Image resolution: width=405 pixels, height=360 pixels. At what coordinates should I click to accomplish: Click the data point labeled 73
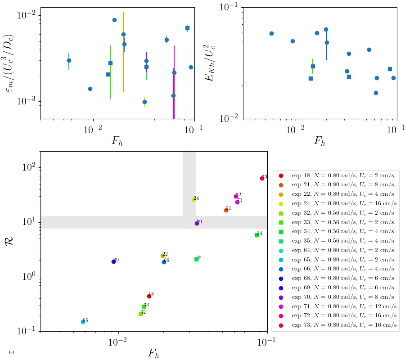coord(262,178)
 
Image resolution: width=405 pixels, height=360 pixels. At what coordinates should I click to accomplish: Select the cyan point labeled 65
coord(83,322)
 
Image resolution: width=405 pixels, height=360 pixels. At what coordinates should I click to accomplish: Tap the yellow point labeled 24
coord(193,200)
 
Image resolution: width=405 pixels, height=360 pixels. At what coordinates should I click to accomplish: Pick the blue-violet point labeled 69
coord(113,261)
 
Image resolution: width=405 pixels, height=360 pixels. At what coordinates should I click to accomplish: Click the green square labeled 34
coord(257,235)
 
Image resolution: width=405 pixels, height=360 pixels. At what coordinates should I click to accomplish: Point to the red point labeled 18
coord(149,296)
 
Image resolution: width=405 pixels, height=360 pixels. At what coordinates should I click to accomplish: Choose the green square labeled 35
coord(196,259)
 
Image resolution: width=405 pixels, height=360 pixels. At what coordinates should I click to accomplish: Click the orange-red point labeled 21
coord(226,210)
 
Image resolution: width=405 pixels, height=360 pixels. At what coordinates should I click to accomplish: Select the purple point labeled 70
coord(197,223)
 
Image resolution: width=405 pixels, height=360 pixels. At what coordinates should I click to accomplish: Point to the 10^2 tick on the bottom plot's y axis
coord(30,168)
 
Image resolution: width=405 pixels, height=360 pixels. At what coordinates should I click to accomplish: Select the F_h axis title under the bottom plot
coord(154,353)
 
